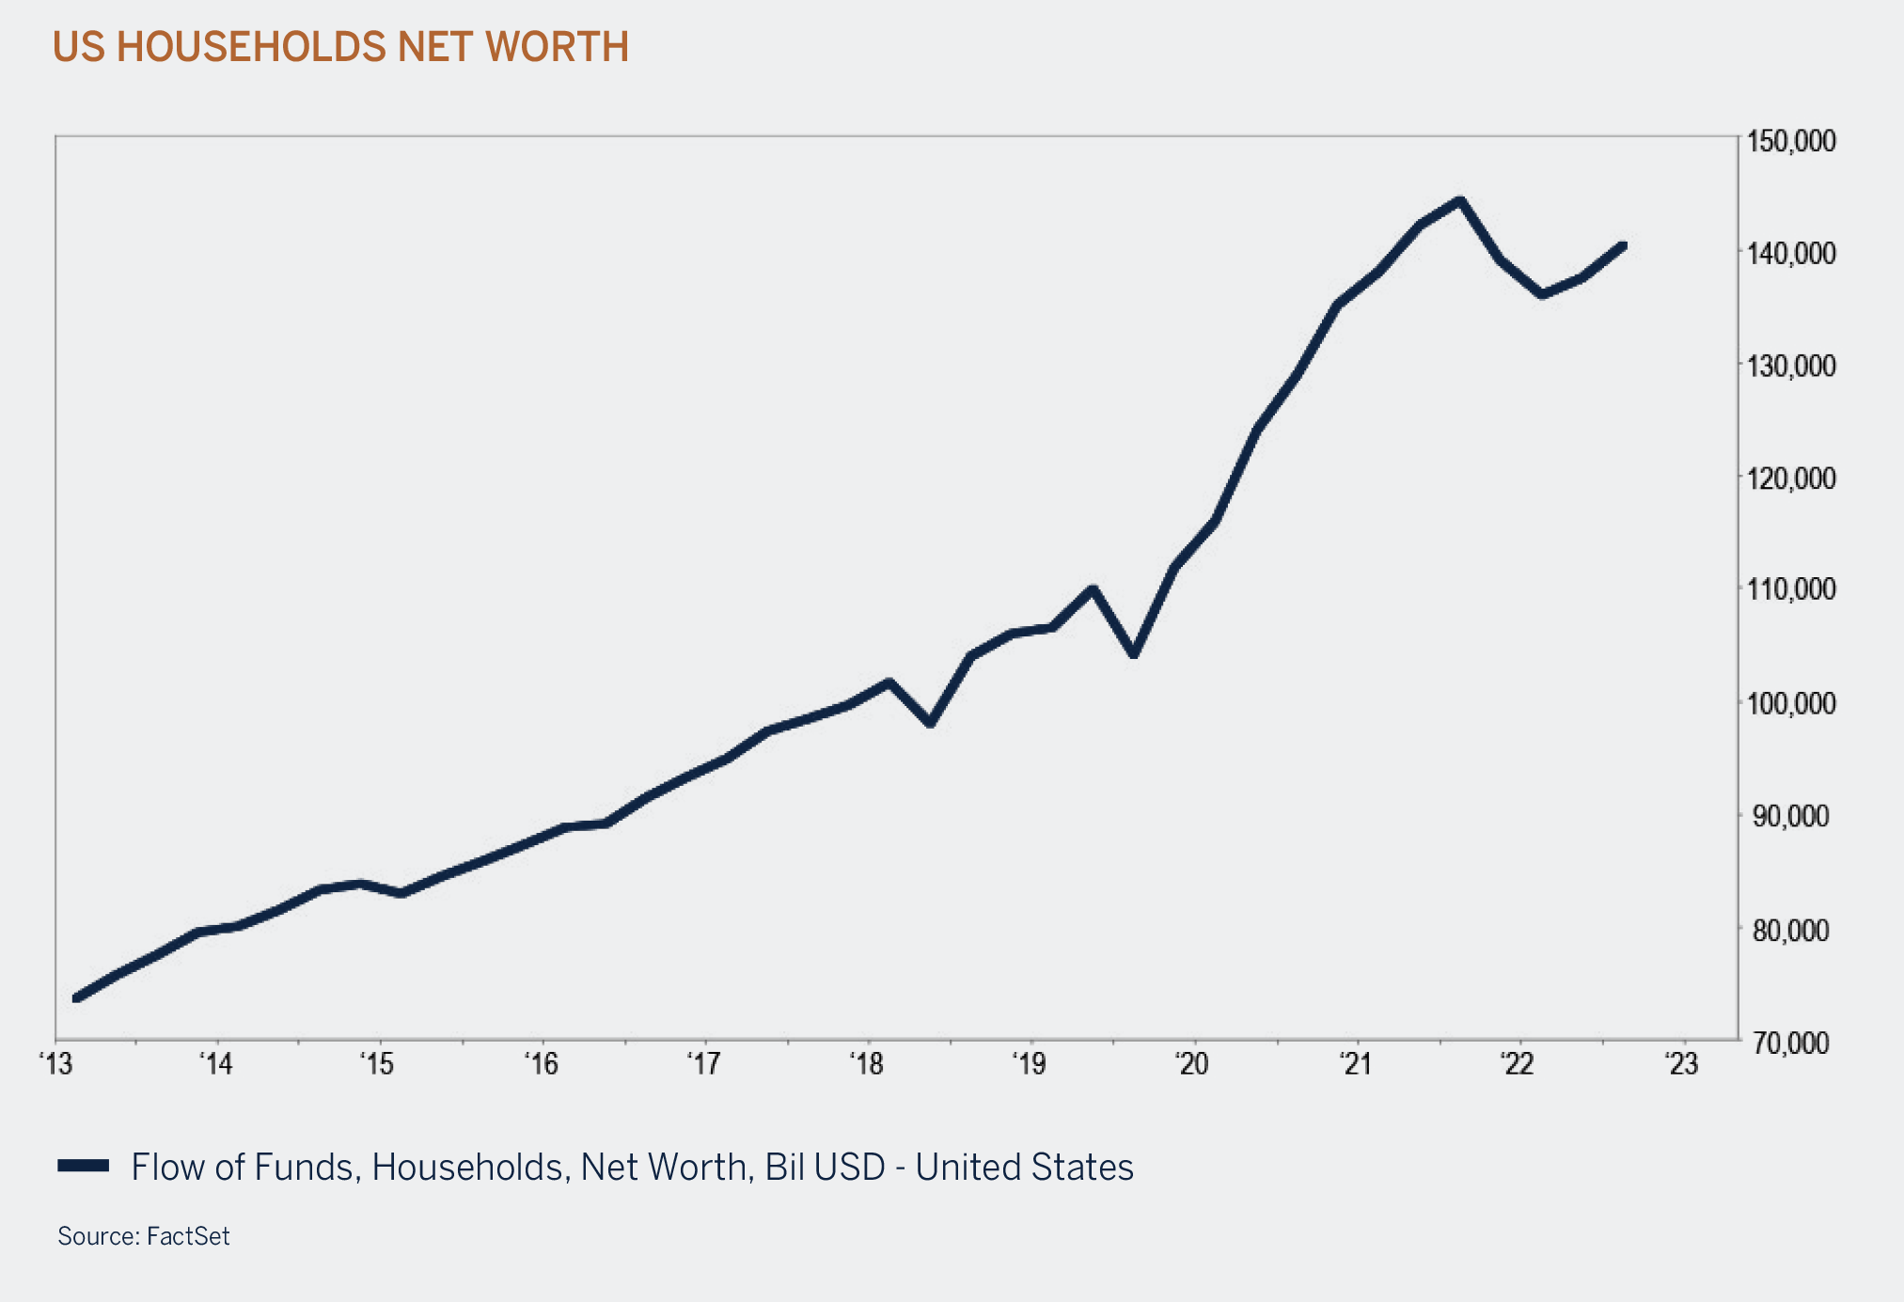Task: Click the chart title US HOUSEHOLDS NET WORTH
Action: click(340, 47)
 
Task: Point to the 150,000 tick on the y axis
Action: click(1790, 142)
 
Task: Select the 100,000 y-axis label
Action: click(1790, 703)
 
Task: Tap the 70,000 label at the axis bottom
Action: click(1790, 1043)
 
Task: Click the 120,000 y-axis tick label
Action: click(1790, 478)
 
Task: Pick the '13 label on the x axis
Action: click(55, 1065)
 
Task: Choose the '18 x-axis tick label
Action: click(866, 1065)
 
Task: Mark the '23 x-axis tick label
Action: click(1681, 1065)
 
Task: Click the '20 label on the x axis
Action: click(1191, 1065)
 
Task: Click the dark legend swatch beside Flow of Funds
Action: click(84, 1167)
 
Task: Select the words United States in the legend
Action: click(1025, 1168)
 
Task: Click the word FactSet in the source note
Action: click(188, 1236)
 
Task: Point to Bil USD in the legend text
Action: click(825, 1168)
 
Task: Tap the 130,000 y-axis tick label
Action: click(1790, 366)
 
